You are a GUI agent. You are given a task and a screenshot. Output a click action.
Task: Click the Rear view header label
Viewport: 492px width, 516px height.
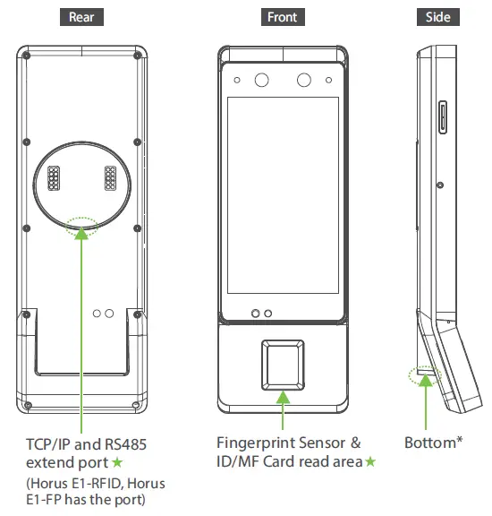click(x=81, y=17)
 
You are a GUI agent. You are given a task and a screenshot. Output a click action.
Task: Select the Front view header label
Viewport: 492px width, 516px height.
click(x=282, y=17)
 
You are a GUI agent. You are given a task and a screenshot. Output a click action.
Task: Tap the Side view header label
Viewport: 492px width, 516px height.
click(x=438, y=17)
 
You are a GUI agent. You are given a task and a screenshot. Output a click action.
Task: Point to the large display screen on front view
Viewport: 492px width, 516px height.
click(x=283, y=195)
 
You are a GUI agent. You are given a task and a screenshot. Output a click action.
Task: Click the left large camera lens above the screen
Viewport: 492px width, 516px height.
click(x=262, y=81)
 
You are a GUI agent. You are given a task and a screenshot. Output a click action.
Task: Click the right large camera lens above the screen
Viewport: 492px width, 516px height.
click(x=303, y=81)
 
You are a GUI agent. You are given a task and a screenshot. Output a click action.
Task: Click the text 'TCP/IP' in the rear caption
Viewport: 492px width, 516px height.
click(x=45, y=443)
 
